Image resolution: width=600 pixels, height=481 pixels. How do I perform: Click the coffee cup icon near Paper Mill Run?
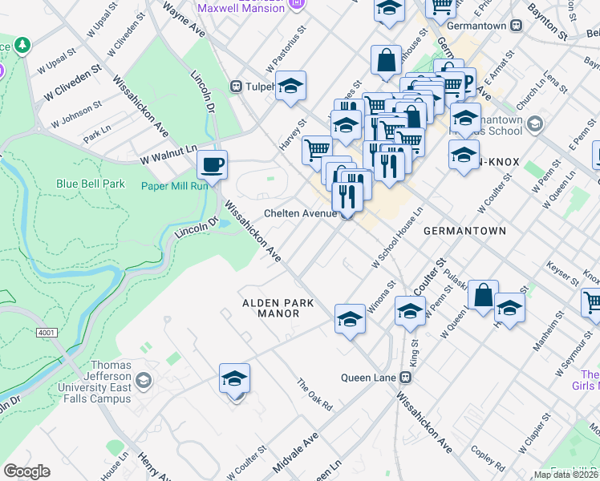tap(213, 164)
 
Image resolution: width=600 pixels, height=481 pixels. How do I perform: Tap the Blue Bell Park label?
tap(90, 184)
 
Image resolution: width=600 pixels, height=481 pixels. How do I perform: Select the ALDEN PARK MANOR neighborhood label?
tap(271, 308)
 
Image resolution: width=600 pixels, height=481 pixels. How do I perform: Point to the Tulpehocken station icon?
tap(236, 86)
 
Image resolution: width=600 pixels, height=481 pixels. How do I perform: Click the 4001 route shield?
tap(47, 331)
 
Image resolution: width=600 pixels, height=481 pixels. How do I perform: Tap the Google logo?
tap(26, 471)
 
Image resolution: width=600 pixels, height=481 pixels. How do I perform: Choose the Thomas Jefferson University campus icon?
tap(144, 378)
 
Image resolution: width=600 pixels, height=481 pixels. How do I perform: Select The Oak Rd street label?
tap(314, 394)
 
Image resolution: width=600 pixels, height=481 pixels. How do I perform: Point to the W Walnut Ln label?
tap(168, 154)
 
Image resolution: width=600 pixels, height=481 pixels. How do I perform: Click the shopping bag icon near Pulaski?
tap(484, 295)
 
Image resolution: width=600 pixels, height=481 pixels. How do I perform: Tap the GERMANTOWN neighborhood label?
tap(464, 231)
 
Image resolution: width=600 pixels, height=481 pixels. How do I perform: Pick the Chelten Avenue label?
tap(301, 213)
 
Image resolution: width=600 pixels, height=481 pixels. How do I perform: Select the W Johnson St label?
tap(76, 114)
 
